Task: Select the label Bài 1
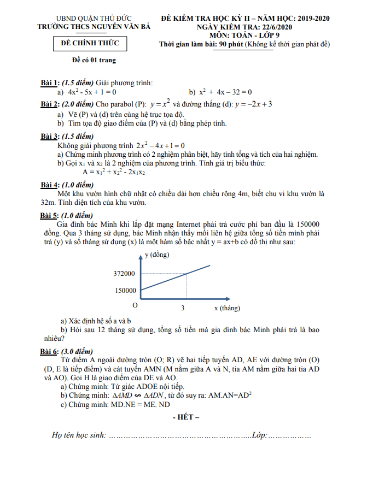click(50, 82)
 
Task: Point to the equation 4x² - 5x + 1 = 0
click(90, 92)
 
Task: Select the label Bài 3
click(50, 136)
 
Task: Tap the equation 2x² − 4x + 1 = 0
click(161, 146)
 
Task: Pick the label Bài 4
click(50, 184)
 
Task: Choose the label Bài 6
click(50, 351)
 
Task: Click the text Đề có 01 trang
click(94, 60)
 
